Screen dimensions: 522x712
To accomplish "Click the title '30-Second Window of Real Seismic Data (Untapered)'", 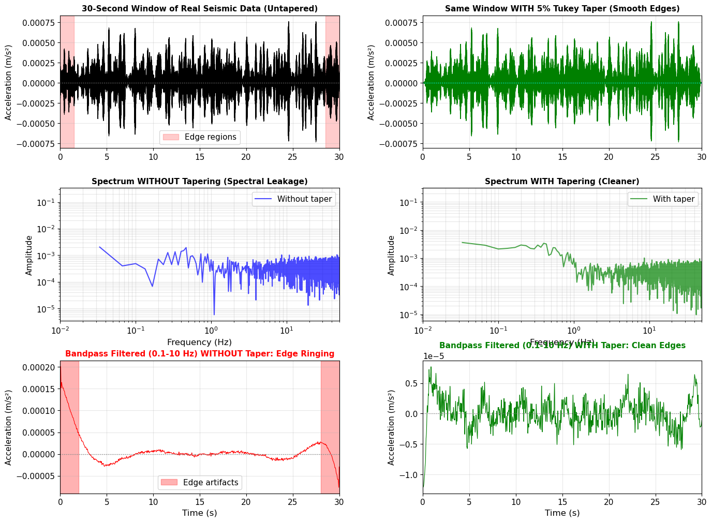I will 200,9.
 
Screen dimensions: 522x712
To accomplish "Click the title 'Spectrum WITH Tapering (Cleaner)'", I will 562,182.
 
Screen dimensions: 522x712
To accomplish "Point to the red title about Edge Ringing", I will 200,354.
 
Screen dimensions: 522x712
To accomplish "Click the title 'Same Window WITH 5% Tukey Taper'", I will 562,9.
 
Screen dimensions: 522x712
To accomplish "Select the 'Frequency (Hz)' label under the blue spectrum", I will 199,342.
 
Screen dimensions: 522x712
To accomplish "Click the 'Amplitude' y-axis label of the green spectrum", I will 391,256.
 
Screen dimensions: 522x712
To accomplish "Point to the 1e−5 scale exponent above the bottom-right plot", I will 434,356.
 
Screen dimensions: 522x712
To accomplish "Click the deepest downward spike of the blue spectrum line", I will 214,314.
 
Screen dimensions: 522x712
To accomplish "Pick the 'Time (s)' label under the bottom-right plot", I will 562,513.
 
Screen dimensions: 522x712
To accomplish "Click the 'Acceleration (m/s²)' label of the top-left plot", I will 9,83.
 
